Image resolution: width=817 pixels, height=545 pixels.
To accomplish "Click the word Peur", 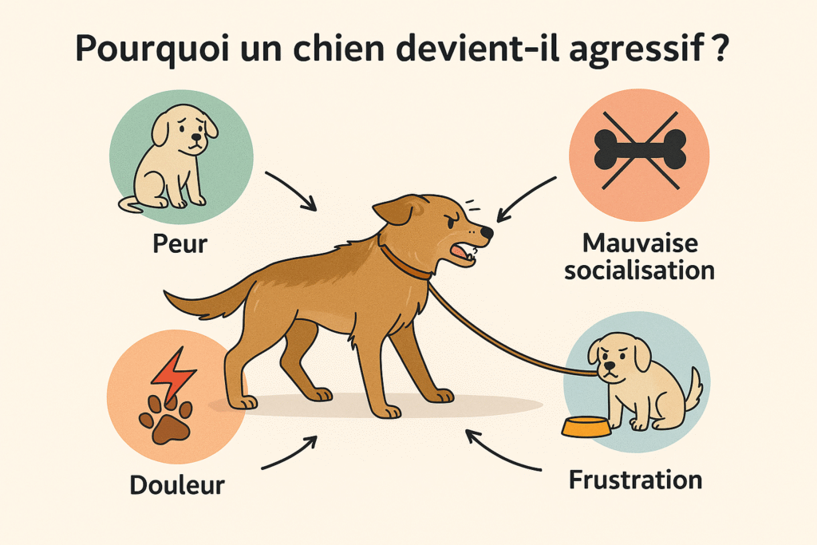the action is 180,244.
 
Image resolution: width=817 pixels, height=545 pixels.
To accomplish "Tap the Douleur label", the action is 177,485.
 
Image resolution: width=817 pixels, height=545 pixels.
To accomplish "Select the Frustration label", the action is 635,480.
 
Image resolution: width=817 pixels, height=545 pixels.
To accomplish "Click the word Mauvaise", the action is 640,243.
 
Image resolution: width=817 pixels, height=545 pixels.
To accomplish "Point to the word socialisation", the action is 639,271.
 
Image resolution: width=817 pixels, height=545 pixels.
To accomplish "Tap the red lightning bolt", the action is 173,375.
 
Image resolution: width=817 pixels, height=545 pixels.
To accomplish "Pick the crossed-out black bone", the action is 640,149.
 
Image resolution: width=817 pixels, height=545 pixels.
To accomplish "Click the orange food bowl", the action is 586,427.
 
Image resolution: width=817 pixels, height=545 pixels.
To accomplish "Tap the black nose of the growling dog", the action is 486,232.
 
